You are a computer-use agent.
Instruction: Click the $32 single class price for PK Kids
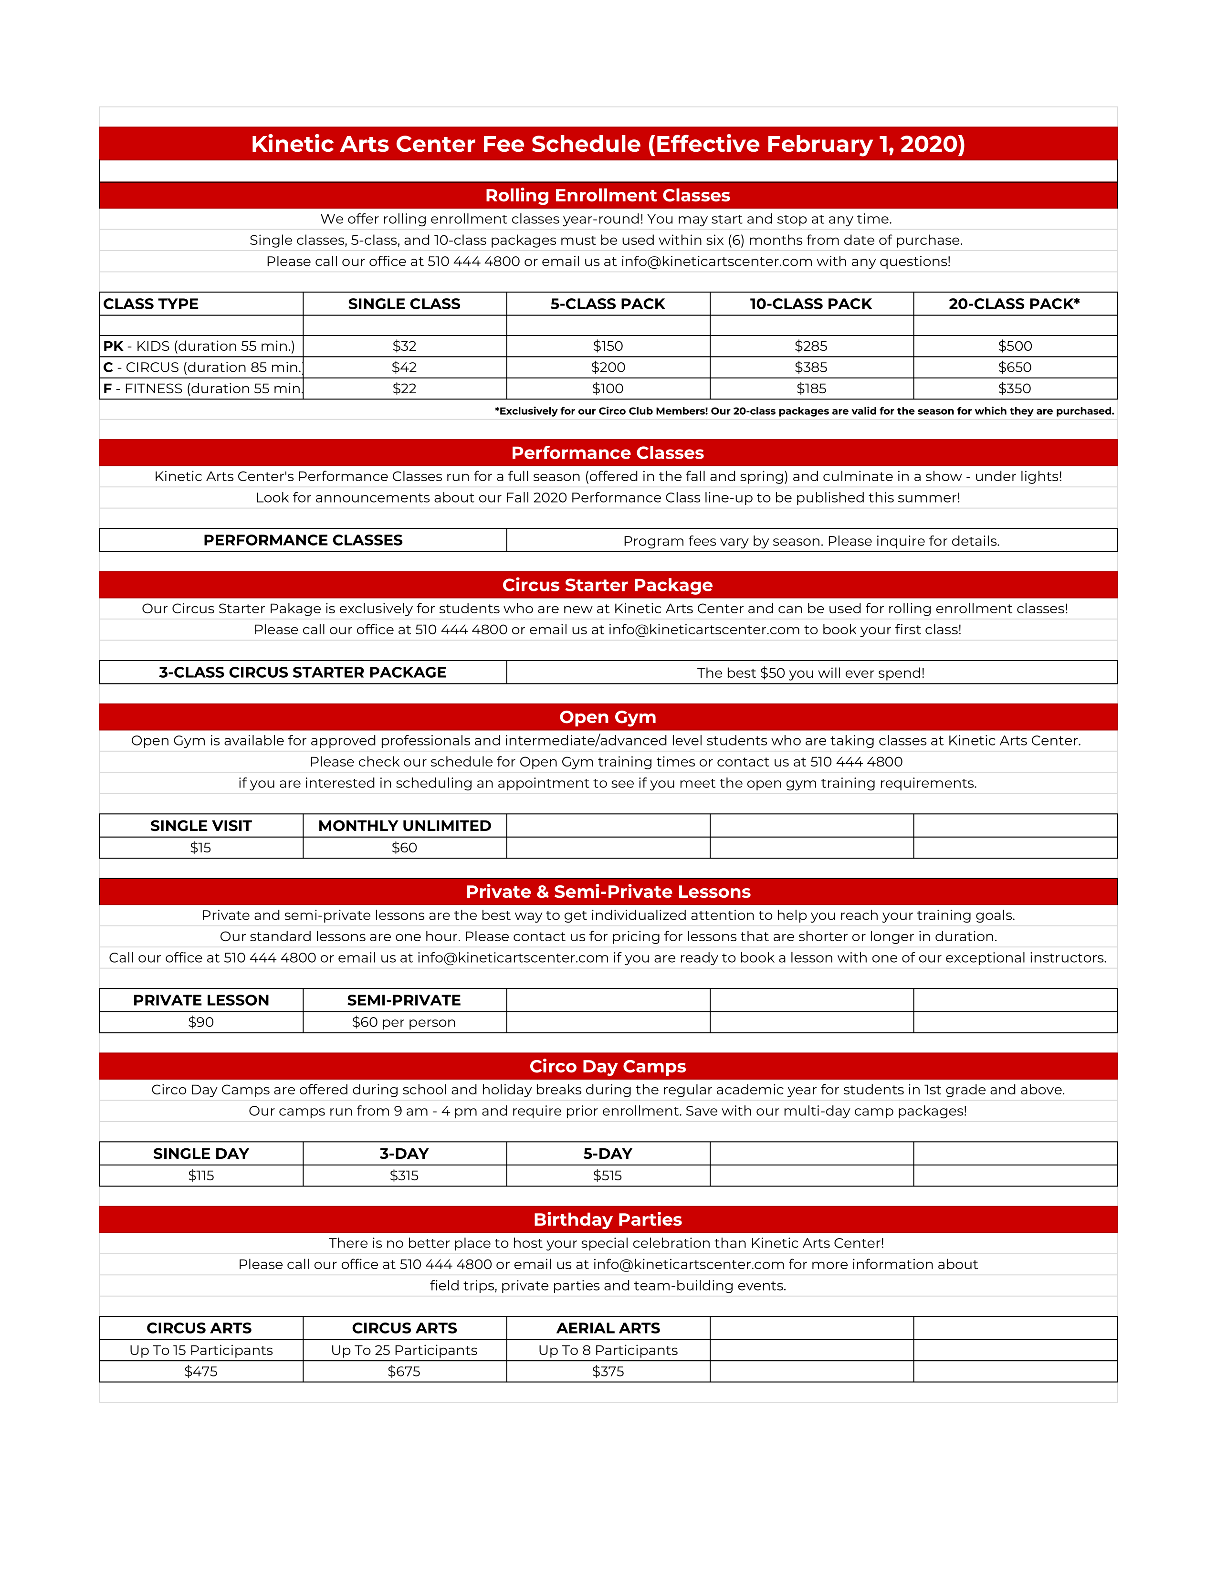pyautogui.click(x=404, y=346)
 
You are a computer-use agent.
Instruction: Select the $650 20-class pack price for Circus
pyautogui.click(x=1015, y=367)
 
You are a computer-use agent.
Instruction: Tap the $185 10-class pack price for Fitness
pyautogui.click(x=811, y=388)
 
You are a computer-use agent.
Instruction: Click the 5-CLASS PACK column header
pyautogui.click(x=608, y=304)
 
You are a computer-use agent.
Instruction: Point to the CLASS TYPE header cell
pyautogui.click(x=151, y=304)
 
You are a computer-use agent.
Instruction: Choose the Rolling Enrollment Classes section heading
pyautogui.click(x=608, y=195)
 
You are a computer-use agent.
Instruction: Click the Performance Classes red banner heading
pyautogui.click(x=608, y=453)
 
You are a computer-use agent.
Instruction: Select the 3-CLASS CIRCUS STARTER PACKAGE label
pyautogui.click(x=303, y=672)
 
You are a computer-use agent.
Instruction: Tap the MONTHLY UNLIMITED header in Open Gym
pyautogui.click(x=404, y=826)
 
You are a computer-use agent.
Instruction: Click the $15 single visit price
pyautogui.click(x=200, y=847)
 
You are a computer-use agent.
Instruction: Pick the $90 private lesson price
pyautogui.click(x=200, y=1022)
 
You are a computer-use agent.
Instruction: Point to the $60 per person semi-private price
pyautogui.click(x=404, y=1022)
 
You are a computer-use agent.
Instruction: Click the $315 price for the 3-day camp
pyautogui.click(x=404, y=1176)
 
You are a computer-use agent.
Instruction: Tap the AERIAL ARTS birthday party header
pyautogui.click(x=608, y=1328)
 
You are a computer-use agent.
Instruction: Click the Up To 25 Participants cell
pyautogui.click(x=404, y=1350)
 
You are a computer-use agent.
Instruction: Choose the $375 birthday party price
pyautogui.click(x=608, y=1372)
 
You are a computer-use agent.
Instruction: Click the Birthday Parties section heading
pyautogui.click(x=608, y=1219)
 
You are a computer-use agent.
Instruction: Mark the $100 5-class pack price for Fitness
pyautogui.click(x=608, y=388)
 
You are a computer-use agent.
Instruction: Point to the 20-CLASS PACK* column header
pyautogui.click(x=1015, y=304)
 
